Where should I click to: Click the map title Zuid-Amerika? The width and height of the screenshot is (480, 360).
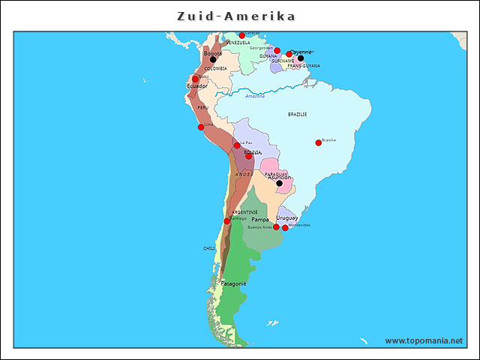(x=236, y=16)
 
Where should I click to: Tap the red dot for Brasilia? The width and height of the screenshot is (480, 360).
(x=318, y=142)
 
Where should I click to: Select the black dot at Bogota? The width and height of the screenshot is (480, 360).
(x=213, y=60)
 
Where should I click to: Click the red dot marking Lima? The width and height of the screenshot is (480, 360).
(x=201, y=127)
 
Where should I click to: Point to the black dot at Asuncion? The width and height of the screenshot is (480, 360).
(x=279, y=183)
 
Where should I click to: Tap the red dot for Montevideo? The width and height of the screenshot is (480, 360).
(x=285, y=227)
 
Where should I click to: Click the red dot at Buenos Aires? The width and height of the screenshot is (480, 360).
(x=276, y=226)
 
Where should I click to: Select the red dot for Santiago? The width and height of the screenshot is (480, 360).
(x=227, y=220)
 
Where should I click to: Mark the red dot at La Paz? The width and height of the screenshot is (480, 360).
(x=237, y=145)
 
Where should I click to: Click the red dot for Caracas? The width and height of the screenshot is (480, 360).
(x=241, y=35)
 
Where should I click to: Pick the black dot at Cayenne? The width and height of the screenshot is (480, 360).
(x=301, y=58)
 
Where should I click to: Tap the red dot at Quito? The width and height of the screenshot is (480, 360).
(x=195, y=79)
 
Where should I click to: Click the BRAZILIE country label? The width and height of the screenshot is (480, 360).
(x=297, y=114)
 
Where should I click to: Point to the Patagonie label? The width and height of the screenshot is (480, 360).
(x=233, y=283)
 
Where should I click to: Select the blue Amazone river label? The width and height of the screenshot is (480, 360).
(x=255, y=96)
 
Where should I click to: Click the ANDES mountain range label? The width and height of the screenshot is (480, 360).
(x=244, y=174)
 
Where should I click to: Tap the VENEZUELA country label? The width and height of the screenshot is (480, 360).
(x=238, y=43)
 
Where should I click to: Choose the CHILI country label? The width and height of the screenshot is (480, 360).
(x=209, y=248)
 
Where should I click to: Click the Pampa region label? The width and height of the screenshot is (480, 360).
(x=259, y=220)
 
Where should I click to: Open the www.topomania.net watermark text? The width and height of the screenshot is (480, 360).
(x=424, y=340)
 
